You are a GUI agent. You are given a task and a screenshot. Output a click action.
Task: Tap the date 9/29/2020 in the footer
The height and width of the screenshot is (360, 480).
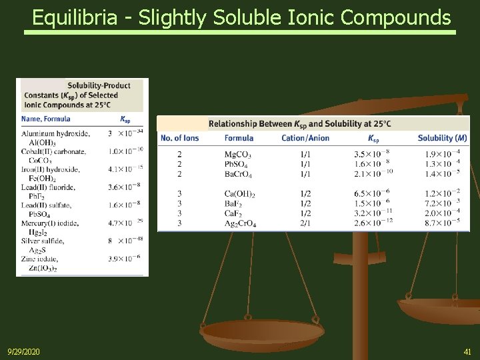point(23,351)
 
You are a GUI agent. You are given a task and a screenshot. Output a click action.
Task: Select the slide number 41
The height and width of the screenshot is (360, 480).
point(467,351)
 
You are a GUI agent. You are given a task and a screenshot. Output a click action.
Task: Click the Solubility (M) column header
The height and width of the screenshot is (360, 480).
point(442,138)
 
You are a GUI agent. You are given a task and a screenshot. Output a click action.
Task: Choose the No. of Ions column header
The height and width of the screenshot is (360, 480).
point(179,138)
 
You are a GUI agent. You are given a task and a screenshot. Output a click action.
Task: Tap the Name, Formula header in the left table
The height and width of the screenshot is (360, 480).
point(45,119)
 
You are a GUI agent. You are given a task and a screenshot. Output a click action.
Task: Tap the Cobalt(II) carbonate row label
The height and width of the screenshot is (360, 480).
point(53,152)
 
